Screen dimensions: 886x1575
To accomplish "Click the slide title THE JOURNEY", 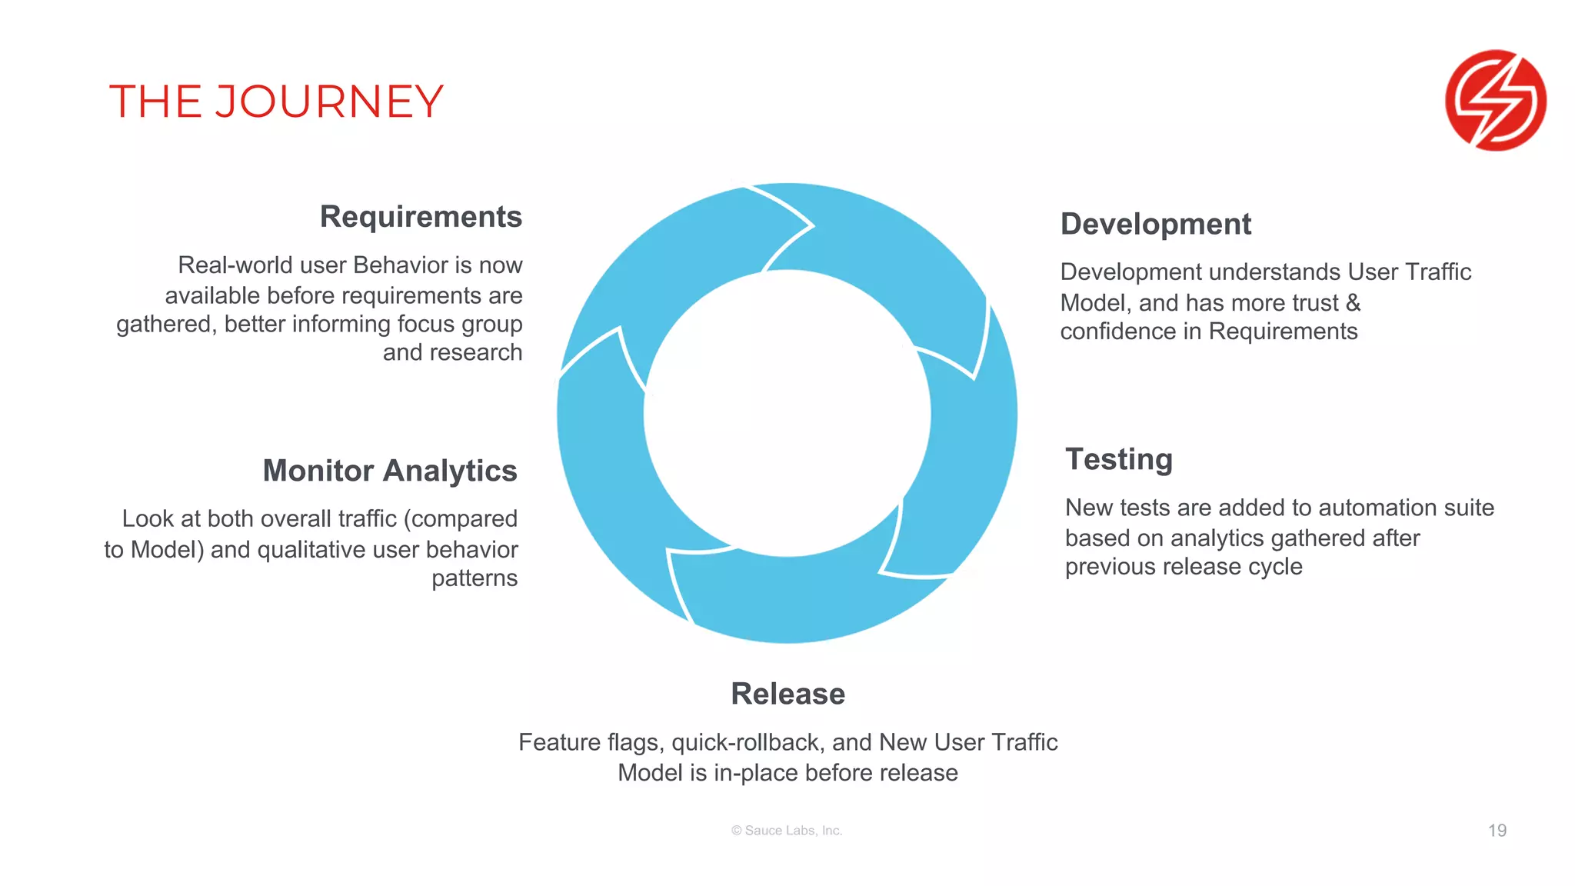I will click(276, 102).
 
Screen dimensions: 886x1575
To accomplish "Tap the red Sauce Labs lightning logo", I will click(1495, 100).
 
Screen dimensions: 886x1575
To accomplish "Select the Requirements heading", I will click(421, 217).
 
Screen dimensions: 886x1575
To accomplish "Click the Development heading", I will click(1155, 224).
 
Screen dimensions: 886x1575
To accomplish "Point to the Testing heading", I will click(1118, 459).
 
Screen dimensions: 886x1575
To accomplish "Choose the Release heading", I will click(787, 694).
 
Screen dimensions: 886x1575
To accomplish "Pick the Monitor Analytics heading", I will click(390, 471).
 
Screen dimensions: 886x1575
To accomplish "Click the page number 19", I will click(1497, 831).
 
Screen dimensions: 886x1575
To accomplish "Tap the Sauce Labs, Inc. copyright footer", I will click(787, 831).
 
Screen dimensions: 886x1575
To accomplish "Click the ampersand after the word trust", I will click(1353, 302).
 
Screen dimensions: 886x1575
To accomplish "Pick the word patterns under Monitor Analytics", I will click(474, 578).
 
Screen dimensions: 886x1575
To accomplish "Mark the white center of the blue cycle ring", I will click(787, 414).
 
